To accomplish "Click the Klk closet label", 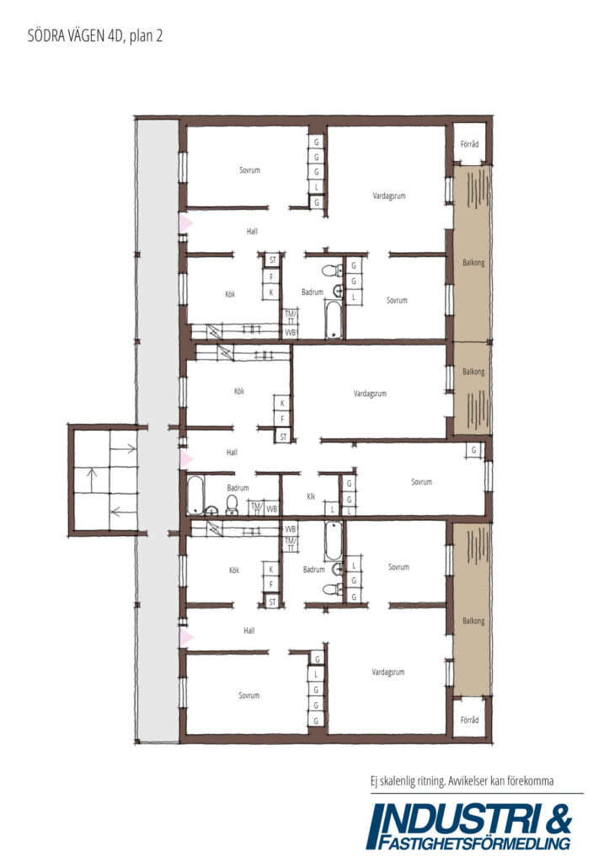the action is point(311,496).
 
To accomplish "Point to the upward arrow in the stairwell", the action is point(93,480).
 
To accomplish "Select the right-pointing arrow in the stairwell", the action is point(124,449).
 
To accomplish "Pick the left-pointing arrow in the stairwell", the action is point(123,512).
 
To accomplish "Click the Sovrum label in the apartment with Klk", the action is point(421,481).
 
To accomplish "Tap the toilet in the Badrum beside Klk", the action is point(232,505).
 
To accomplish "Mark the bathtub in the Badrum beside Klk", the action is point(195,495).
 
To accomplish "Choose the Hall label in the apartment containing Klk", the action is point(233,453).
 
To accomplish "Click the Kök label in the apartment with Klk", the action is point(238,391).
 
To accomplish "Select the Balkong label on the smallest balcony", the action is point(473,372).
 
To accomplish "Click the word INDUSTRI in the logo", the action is point(455,820).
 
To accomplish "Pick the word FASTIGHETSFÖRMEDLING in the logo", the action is point(474,843).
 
